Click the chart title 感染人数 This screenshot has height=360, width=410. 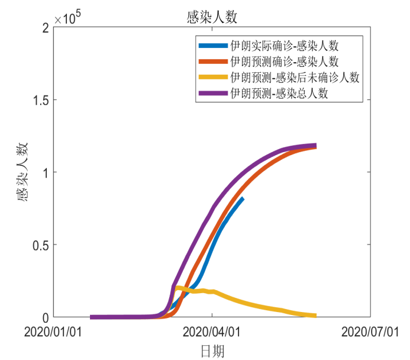point(211,18)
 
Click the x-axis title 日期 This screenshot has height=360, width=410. point(212,351)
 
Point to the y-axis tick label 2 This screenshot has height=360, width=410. point(43,28)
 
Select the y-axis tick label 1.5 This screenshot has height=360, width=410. point(37,100)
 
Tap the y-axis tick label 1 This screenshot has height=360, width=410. point(43,172)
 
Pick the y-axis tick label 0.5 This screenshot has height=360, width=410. point(37,245)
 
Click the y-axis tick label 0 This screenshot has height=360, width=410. point(43,317)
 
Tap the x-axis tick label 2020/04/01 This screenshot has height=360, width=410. point(212,332)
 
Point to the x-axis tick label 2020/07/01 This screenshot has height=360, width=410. point(370,332)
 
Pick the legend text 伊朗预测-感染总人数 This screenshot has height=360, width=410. point(279,94)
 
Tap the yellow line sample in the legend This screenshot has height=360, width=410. point(214,78)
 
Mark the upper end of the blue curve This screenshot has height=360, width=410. point(242,199)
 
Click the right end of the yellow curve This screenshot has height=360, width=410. point(315,316)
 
